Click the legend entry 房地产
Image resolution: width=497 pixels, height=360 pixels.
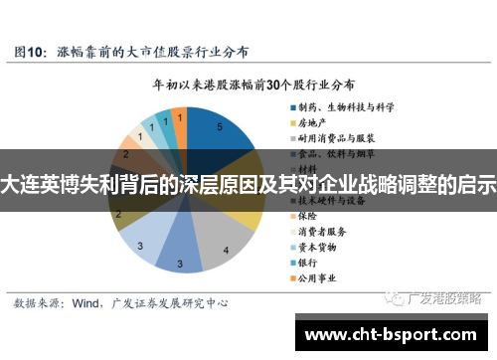click(312, 120)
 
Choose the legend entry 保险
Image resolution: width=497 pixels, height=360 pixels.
click(307, 215)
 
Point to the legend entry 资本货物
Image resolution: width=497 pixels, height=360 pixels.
click(317, 247)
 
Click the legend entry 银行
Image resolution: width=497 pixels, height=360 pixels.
click(307, 263)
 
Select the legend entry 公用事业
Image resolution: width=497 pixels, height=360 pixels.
click(317, 278)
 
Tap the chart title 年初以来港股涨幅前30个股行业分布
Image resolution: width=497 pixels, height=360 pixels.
click(253, 85)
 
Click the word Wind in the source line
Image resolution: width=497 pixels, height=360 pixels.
click(87, 300)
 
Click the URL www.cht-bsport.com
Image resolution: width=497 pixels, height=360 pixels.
click(389, 335)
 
